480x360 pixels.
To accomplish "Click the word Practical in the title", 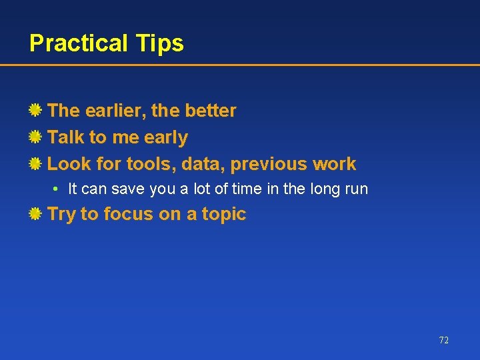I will point(79,43).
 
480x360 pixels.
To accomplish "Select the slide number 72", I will point(444,340).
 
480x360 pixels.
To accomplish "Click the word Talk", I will point(66,137).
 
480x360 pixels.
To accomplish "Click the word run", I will point(356,189).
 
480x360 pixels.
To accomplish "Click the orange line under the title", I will point(240,65).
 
